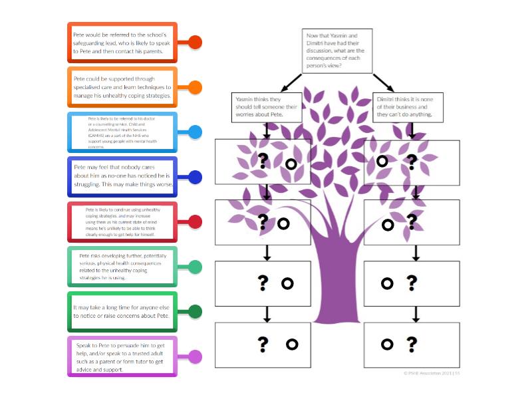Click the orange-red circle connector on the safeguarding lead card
195,42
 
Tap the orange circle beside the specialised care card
195,87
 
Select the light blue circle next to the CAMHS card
195,132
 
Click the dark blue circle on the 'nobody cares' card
195,177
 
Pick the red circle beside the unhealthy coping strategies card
195,222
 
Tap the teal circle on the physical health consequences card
195,267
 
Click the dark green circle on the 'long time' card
195,311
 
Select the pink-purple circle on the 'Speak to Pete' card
195,356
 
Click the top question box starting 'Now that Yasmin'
336,51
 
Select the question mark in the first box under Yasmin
263,160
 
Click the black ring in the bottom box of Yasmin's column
291,344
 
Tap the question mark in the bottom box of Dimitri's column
412,344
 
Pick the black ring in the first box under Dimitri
382,161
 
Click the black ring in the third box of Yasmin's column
287,283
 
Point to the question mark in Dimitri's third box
412,283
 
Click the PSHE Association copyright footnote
432,373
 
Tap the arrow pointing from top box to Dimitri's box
384,82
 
